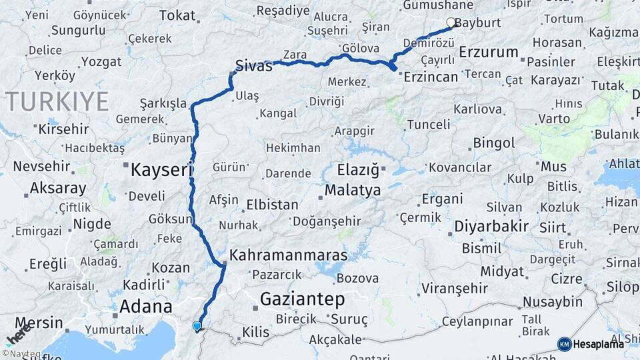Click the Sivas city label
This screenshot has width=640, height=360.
pyautogui.click(x=254, y=67)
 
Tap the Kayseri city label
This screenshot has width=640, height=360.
pyautogui.click(x=161, y=169)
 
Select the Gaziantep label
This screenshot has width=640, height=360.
pyautogui.click(x=302, y=299)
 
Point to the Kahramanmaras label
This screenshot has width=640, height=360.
pyautogui.click(x=288, y=255)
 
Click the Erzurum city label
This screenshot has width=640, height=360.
pyautogui.click(x=489, y=51)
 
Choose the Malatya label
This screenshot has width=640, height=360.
pyautogui.click(x=352, y=191)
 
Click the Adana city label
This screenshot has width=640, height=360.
pyautogui.click(x=145, y=307)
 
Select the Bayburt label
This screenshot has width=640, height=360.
pyautogui.click(x=477, y=22)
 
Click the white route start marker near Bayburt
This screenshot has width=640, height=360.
pyautogui.click(x=451, y=23)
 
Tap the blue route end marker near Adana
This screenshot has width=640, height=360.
pyautogui.click(x=197, y=326)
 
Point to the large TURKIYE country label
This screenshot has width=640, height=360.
pyautogui.click(x=57, y=102)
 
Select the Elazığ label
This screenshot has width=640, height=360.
pyautogui.click(x=357, y=170)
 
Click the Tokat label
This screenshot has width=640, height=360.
pyautogui.click(x=177, y=15)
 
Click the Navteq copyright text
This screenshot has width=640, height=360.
pyautogui.click(x=21, y=353)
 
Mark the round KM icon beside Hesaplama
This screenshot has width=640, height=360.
pyautogui.click(x=564, y=344)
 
